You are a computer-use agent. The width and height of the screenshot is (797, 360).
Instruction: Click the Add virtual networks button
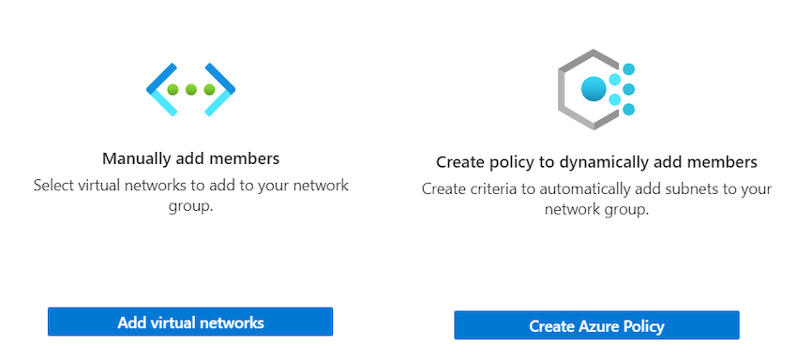pos(190,322)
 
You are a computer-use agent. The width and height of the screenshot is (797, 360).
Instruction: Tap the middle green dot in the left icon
pos(191,90)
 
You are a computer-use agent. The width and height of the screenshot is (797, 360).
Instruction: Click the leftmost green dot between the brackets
pos(173,90)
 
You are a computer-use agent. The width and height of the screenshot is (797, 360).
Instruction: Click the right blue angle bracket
pos(223,89)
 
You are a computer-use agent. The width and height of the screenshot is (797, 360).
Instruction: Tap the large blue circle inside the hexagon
pos(594,89)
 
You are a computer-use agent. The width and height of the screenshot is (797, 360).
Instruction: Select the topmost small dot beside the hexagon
pos(629,69)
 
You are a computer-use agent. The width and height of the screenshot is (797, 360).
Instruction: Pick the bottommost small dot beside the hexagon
pos(629,110)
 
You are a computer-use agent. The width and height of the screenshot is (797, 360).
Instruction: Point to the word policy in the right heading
pos(510,162)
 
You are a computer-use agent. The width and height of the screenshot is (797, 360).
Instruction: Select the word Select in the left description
pos(53,185)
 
